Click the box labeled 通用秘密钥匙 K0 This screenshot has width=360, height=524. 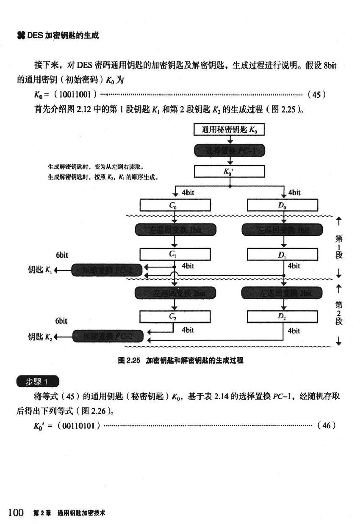tap(229, 130)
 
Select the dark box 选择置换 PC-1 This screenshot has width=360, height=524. tap(229, 150)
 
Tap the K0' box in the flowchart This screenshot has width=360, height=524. tap(229, 171)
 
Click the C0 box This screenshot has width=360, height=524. tap(175, 206)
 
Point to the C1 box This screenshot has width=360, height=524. tap(175, 254)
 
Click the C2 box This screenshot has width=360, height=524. tap(175, 316)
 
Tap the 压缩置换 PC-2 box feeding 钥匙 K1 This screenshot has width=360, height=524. tap(108, 270)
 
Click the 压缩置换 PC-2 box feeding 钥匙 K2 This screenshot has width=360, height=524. tap(108, 336)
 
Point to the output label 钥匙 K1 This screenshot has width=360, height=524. tap(40, 270)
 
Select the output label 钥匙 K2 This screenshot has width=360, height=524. tap(40, 337)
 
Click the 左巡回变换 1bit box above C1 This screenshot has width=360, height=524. tap(175, 230)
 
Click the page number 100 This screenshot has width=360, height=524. tap(15, 513)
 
